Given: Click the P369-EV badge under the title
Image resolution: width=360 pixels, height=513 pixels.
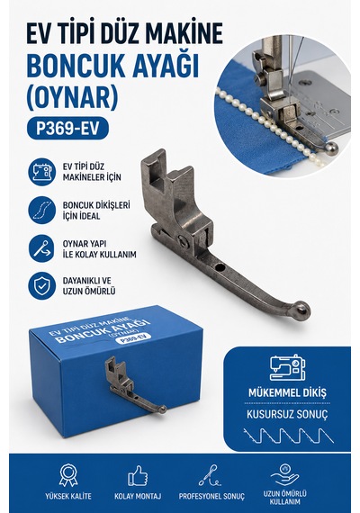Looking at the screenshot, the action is point(67,128).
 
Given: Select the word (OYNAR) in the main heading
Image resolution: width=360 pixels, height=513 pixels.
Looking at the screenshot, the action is point(72,97).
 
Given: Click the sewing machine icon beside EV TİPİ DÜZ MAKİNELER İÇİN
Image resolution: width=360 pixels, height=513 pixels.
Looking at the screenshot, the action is point(42,172).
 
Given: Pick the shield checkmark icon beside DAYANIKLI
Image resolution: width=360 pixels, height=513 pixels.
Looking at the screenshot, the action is point(42,286).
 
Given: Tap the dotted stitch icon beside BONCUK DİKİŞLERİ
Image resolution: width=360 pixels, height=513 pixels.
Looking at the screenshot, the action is point(42,210).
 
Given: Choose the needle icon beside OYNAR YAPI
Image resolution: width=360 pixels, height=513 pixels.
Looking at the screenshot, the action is point(42,248).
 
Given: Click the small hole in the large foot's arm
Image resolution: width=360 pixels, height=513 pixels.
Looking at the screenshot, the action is point(220,268).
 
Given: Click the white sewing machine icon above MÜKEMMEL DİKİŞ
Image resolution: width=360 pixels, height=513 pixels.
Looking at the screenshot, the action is point(287,368).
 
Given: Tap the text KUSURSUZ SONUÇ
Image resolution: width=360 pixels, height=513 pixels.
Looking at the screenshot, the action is point(287,415).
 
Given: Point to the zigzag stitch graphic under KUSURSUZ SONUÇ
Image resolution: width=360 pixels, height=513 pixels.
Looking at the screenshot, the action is point(288,436).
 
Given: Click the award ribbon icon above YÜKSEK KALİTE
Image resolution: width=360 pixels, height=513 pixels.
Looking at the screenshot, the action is point(68,475).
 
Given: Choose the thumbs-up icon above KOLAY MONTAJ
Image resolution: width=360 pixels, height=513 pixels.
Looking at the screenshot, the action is point(138,476).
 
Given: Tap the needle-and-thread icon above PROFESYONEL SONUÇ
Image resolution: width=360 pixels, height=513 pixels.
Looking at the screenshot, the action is point(210,475).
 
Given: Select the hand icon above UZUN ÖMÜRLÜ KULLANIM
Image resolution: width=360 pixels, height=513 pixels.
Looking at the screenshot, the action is point(284,475).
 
